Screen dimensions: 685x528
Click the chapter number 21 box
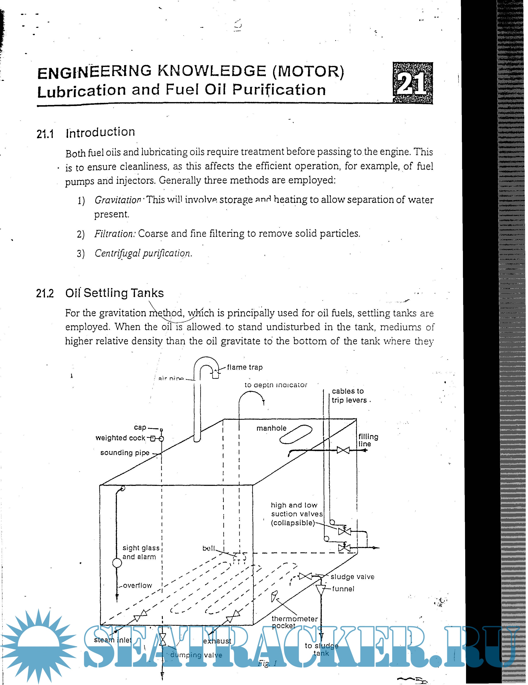pyautogui.click(x=413, y=83)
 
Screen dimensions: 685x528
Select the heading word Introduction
pyautogui.click(x=100, y=132)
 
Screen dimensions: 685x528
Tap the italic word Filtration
pyautogui.click(x=115, y=234)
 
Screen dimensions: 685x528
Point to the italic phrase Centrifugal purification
pyautogui.click(x=143, y=253)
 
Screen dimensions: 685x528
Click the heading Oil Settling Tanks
pyautogui.click(x=115, y=293)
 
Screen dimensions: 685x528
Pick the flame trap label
pyautogui.click(x=245, y=367)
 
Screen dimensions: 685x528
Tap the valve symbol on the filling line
pyautogui.click(x=343, y=450)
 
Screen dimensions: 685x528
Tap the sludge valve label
pyautogui.click(x=352, y=577)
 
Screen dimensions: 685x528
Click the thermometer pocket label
pyautogui.click(x=294, y=622)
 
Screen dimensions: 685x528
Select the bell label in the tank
pyautogui.click(x=209, y=548)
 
